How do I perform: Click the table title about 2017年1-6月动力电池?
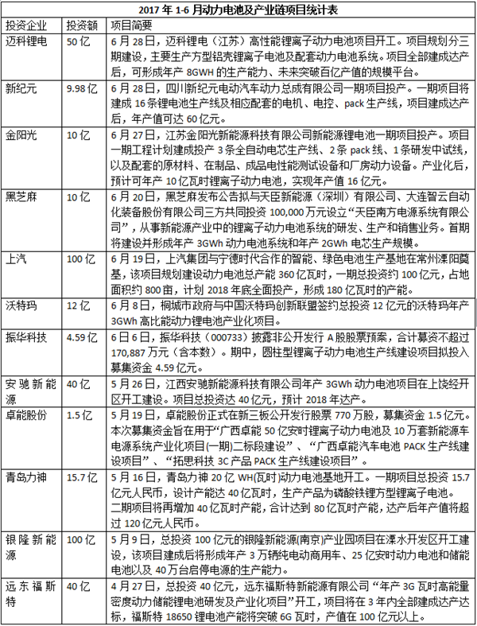tap(238, 10)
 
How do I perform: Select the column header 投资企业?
tap(27, 25)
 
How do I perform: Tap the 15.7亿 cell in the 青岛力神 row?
tap(82, 478)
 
